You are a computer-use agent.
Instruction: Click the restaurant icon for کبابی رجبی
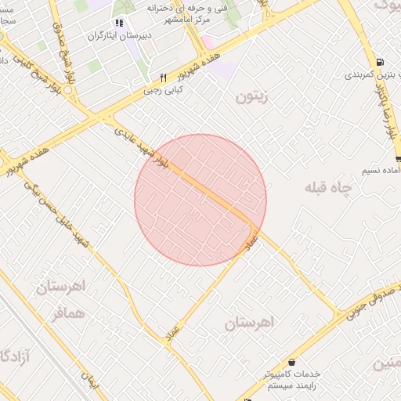163,78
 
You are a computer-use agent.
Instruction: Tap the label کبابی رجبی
162,90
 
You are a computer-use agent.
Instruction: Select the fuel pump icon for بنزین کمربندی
380,63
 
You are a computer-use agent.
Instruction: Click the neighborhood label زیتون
251,97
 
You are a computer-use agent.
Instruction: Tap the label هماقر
67,312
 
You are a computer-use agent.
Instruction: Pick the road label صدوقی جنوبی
367,306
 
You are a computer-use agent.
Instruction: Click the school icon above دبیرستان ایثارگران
119,23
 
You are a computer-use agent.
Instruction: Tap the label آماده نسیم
379,170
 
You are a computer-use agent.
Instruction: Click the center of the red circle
200,200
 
